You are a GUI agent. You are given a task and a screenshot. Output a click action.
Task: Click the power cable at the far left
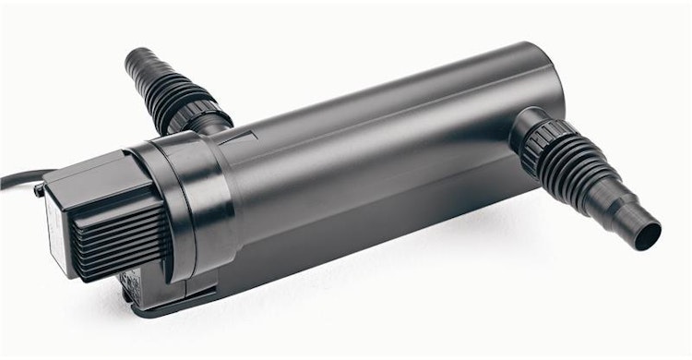pyautogui.click(x=13, y=177)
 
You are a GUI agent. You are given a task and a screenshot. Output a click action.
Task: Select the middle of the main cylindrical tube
pyautogui.click(x=369, y=157)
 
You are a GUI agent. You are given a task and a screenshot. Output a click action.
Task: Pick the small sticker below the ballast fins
pyautogui.click(x=129, y=277)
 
